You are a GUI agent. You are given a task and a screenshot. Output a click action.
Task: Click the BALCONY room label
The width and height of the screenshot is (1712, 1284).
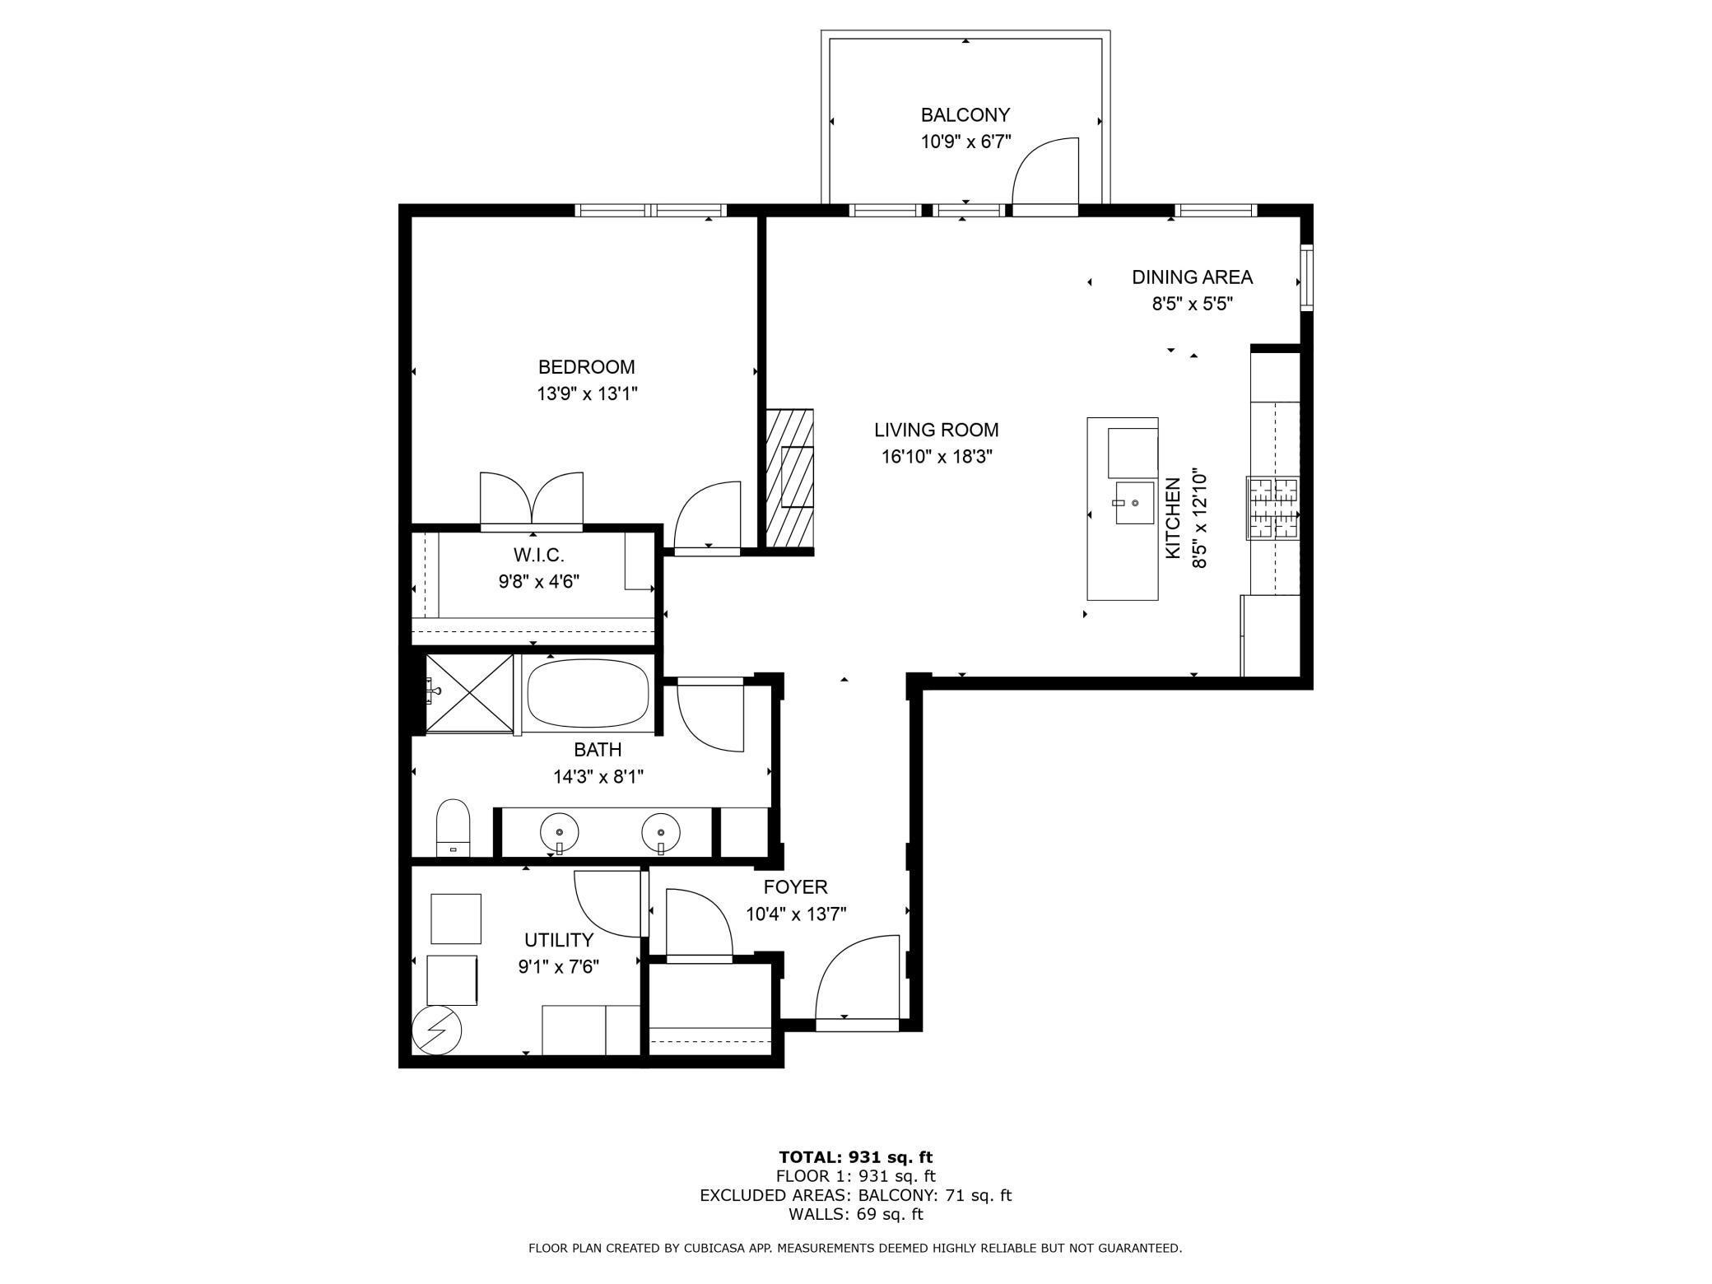[965, 115]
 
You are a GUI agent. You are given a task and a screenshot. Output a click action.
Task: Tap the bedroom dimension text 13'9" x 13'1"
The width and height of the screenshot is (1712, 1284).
[587, 394]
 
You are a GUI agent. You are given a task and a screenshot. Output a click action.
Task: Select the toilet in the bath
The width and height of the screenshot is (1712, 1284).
[452, 828]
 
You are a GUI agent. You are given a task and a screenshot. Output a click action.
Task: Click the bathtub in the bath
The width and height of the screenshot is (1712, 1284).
[588, 691]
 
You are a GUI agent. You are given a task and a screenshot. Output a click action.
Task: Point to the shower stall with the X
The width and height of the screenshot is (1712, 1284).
[469, 692]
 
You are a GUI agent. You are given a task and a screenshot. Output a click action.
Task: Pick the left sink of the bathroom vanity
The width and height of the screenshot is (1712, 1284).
[559, 831]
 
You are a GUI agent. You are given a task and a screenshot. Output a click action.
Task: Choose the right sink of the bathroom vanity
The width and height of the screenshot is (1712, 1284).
[660, 831]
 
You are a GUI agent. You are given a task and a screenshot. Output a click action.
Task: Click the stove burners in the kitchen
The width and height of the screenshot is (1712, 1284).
[1272, 508]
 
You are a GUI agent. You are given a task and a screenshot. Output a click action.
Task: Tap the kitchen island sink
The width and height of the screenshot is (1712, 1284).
[1134, 503]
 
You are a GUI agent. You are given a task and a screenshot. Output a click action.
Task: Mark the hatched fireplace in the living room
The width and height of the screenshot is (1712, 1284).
[789, 479]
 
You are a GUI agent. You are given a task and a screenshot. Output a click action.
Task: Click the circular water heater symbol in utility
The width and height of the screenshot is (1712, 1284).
[437, 1030]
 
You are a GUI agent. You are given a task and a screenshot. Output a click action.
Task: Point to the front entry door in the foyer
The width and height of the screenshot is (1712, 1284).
[857, 979]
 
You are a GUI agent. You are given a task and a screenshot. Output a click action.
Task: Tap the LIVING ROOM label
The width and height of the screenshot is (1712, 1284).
[936, 430]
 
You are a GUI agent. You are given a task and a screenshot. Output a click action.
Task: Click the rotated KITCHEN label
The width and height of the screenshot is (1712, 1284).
[1174, 519]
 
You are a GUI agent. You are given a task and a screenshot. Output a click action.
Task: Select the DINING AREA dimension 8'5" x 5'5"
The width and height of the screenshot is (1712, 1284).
[1191, 304]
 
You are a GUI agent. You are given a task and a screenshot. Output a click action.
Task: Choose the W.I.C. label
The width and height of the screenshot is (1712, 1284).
[538, 555]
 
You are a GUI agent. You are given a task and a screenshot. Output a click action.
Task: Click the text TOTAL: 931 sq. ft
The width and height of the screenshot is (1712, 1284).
[855, 1157]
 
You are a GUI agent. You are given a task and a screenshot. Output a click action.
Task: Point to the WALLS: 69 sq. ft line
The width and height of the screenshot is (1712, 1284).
[855, 1214]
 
